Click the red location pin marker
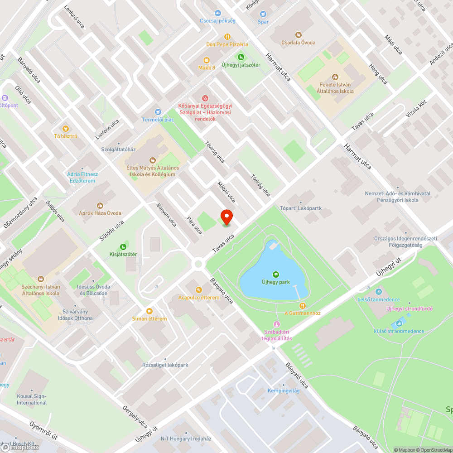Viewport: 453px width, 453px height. coord(226,217)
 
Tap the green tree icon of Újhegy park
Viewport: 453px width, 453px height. coord(275,274)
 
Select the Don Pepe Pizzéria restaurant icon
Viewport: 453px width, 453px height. coord(227,37)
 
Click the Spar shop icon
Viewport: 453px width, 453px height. coord(263,14)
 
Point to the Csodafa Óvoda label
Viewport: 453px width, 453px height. coord(298,43)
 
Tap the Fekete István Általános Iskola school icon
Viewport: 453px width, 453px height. coord(335,77)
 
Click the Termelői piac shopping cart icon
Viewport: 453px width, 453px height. coord(158,111)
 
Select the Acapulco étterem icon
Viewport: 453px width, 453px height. coord(198,289)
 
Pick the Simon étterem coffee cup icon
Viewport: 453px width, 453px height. coord(149,311)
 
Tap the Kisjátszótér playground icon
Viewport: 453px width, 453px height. coord(123,246)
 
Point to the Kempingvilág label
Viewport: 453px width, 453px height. coord(284,390)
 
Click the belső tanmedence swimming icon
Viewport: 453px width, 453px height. coord(379,292)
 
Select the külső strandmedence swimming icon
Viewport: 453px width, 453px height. coord(399,323)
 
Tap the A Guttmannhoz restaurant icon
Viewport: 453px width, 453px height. coord(303,305)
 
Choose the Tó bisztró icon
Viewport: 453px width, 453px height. coord(66,128)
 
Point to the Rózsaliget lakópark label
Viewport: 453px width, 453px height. coord(165,365)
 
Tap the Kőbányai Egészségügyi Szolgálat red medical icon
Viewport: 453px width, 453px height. coord(205,98)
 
